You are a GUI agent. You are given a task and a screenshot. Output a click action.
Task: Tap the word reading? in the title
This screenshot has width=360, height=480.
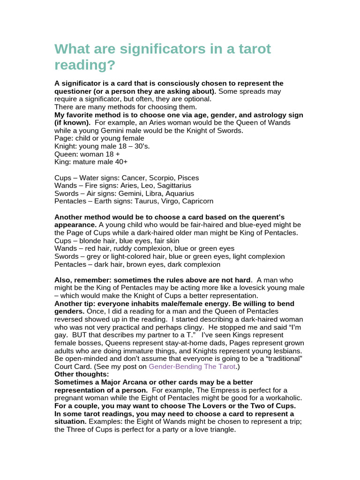[x=85, y=65]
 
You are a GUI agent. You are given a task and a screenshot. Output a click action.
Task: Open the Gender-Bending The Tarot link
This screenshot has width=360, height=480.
[x=192, y=367]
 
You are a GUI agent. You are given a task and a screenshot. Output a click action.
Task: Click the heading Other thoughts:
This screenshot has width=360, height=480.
[x=82, y=375]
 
